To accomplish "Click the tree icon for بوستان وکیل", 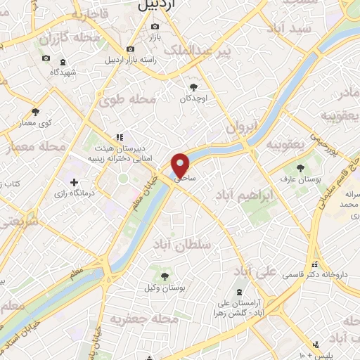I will coord(165,276).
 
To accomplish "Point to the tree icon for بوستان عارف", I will coord(301,167).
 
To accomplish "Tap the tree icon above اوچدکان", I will coord(193,87).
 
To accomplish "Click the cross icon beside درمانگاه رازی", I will coord(75,182).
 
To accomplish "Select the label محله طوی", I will coord(130,101).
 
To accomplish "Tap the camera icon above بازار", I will coord(155,27).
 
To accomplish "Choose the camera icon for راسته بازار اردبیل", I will coord(130,49).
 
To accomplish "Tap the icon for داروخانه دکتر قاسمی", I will coord(314,265).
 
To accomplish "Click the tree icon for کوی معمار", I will coord(36,112).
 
